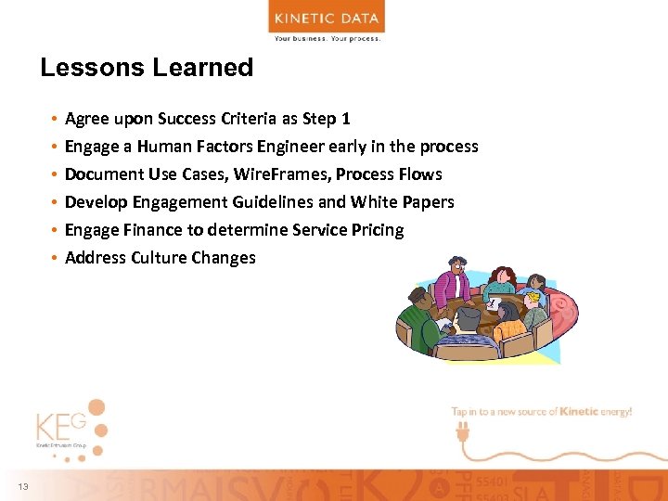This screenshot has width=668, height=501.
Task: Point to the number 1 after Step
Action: click(x=346, y=119)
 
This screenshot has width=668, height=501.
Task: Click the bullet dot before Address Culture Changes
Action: click(x=57, y=258)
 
